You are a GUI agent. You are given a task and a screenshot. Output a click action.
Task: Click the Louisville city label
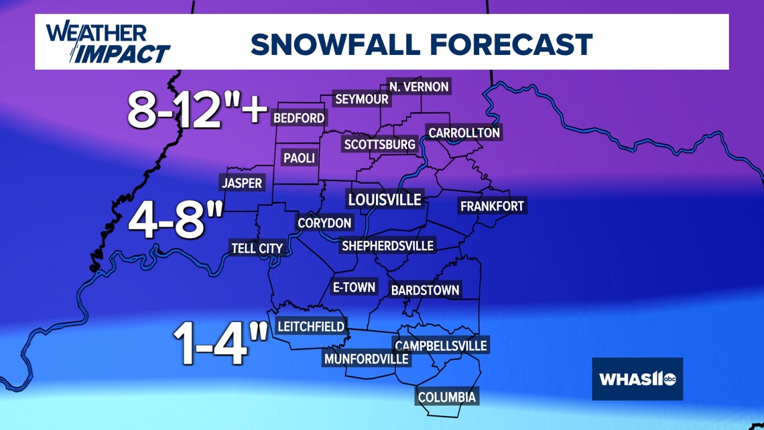tap(385, 199)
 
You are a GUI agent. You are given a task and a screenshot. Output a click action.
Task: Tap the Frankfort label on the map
tap(492, 206)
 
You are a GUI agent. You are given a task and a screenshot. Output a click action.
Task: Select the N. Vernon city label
tap(419, 87)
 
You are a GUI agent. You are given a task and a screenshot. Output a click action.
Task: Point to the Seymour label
tap(362, 99)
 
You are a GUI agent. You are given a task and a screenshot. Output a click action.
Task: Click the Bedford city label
tap(299, 118)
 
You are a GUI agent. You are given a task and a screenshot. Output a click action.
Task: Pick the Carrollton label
tap(464, 133)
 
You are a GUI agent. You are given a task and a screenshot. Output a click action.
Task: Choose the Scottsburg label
tap(379, 144)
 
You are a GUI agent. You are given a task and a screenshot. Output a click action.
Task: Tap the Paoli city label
tap(299, 158)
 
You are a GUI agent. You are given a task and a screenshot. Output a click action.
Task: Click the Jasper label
tap(242, 183)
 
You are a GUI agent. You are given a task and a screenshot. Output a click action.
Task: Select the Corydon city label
tap(324, 223)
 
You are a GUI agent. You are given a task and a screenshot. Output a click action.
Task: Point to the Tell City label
tap(257, 248)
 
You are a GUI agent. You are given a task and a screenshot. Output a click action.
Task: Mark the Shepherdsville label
tap(387, 246)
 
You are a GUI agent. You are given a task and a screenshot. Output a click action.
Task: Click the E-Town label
tap(354, 287)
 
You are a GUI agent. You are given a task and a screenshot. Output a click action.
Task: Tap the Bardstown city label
tap(425, 290)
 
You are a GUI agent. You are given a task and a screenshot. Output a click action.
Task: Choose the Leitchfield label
tap(311, 327)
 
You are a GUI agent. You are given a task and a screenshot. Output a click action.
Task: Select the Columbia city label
tap(447, 397)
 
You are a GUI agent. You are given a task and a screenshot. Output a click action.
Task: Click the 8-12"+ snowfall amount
tap(198, 109)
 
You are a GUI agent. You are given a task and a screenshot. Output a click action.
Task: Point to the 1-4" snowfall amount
tap(220, 342)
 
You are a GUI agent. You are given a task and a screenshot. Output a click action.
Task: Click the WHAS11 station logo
tap(637, 379)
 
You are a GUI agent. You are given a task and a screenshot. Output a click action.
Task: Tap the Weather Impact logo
tap(107, 43)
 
